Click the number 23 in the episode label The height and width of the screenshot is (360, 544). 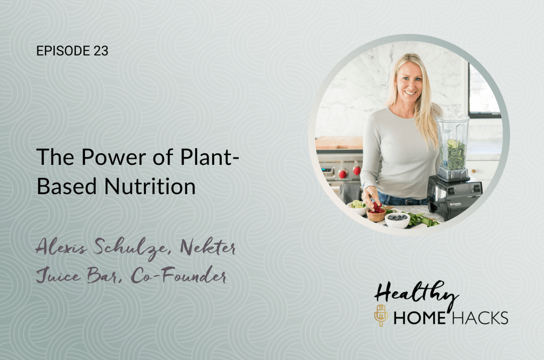(101, 51)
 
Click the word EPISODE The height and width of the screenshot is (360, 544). (63, 51)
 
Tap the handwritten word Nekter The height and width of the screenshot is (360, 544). (208, 247)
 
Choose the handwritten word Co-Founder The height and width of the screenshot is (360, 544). (178, 276)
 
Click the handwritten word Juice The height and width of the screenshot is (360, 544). (58, 276)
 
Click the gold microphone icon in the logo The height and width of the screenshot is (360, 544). (381, 315)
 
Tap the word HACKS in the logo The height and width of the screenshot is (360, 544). (480, 318)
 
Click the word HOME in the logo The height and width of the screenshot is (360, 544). (419, 318)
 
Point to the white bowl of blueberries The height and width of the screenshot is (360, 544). (397, 219)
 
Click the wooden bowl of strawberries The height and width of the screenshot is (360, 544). (376, 214)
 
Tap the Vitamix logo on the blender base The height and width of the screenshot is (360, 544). (456, 204)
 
